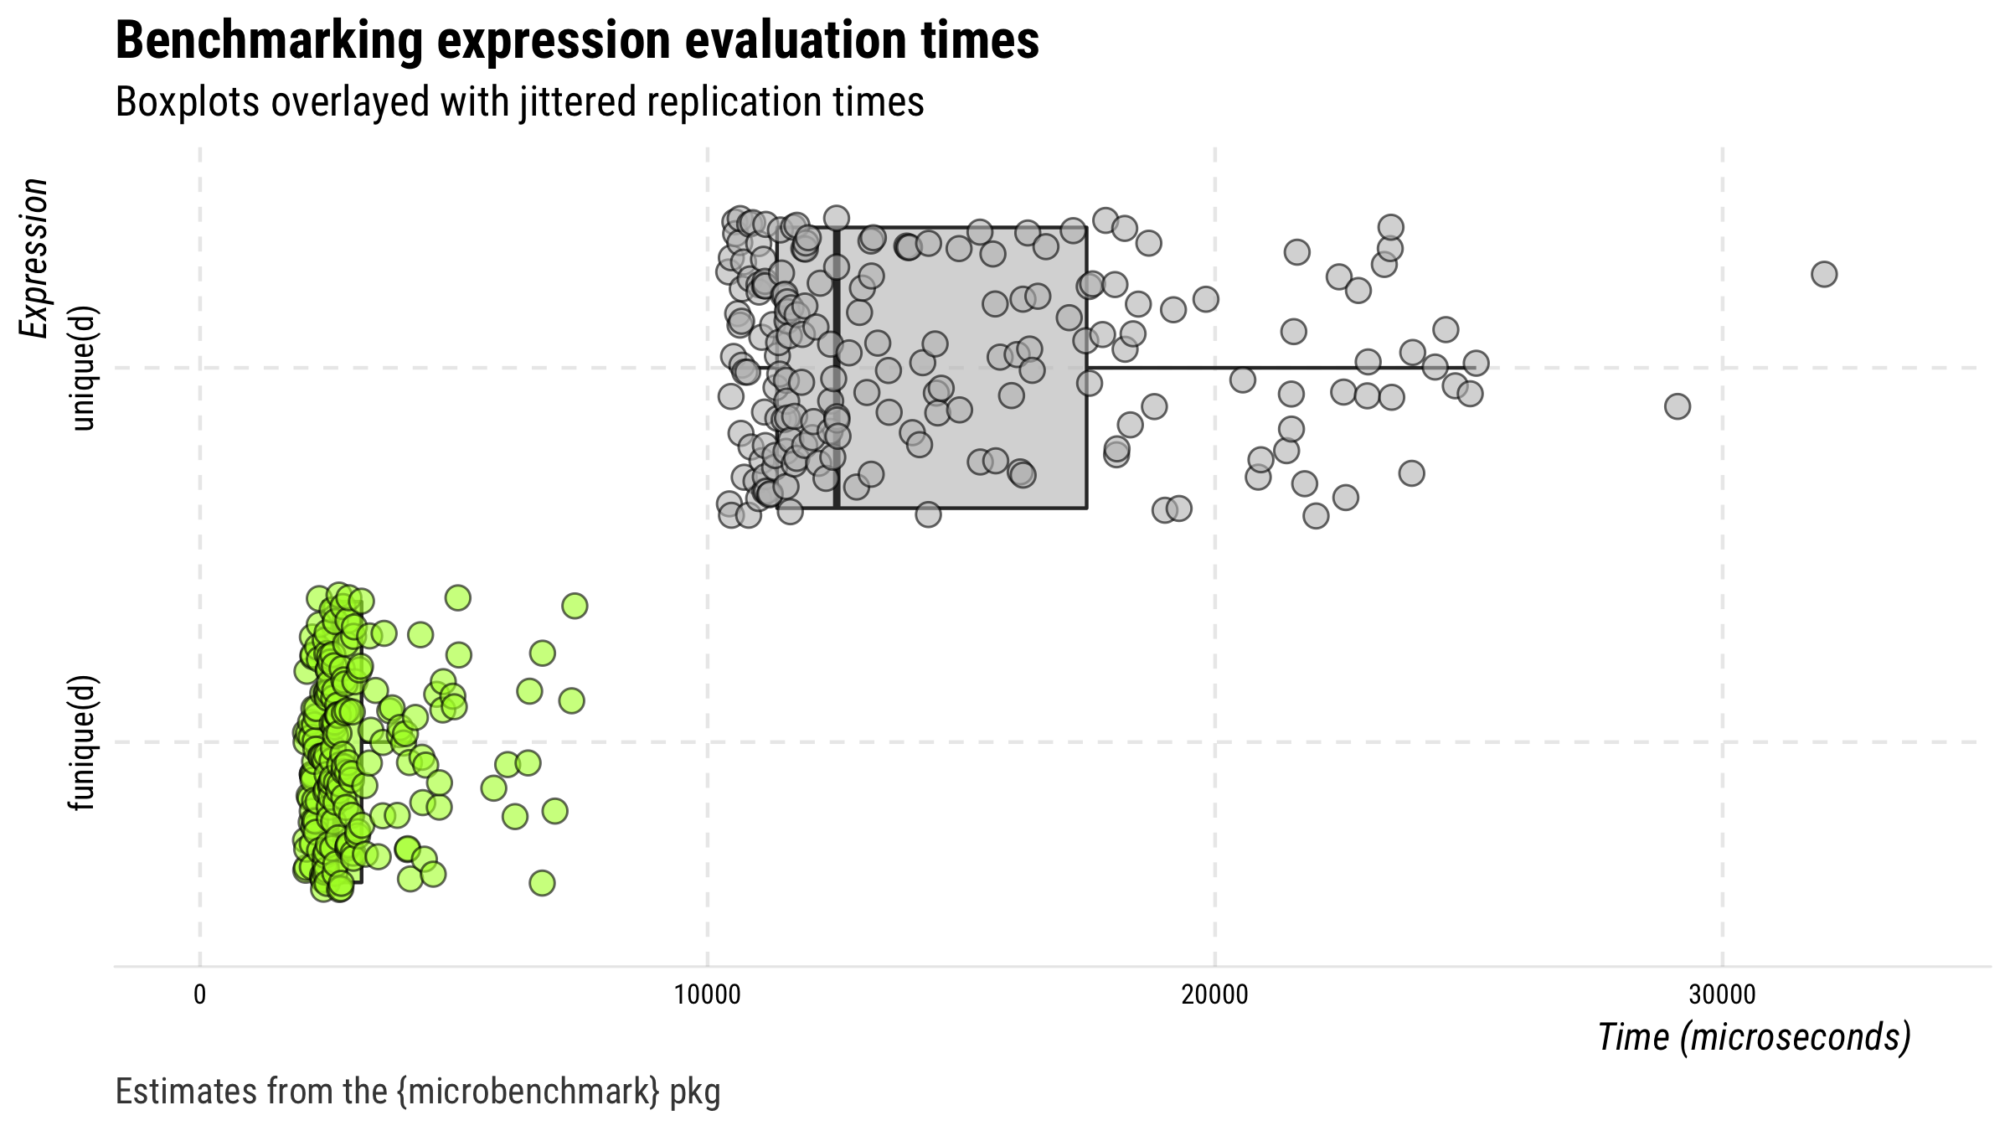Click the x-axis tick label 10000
click(708, 994)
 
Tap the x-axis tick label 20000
click(1214, 994)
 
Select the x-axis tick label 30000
click(1722, 994)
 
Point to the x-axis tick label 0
click(199, 994)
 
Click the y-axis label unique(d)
click(84, 368)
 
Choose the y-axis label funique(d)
click(84, 742)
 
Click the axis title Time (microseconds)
click(1754, 1037)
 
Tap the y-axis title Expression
click(34, 258)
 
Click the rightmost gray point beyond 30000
click(1824, 274)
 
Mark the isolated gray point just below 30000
click(1677, 406)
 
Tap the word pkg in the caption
click(695, 1092)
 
